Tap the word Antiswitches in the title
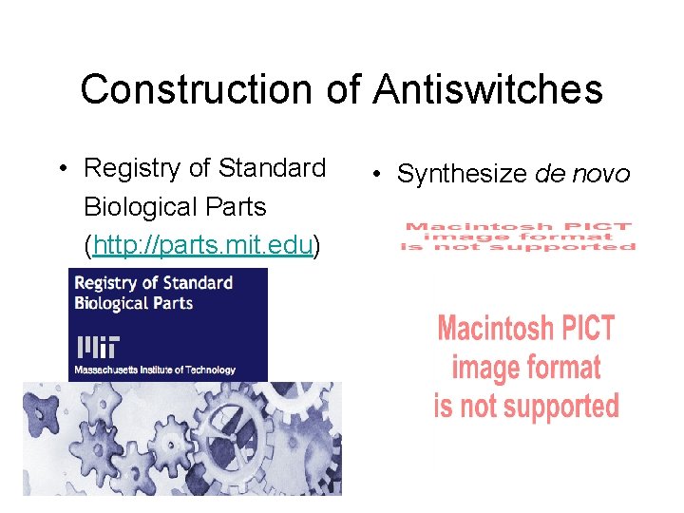487,90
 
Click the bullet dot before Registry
60,170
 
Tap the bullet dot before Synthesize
377,175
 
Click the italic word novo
601,175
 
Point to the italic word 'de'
552,175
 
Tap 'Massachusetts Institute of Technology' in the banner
155,369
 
